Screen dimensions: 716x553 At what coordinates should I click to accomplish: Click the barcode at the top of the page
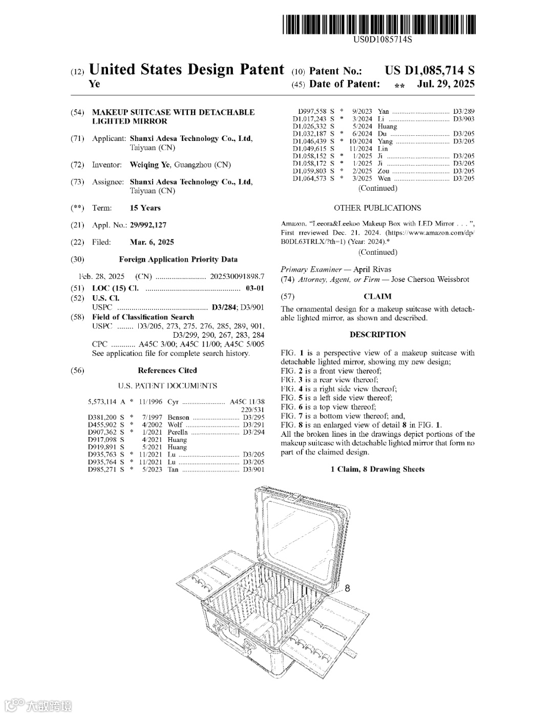click(x=378, y=25)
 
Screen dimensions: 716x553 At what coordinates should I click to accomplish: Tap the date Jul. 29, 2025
click(x=445, y=84)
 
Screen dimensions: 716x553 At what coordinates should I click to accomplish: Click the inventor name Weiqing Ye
click(x=150, y=165)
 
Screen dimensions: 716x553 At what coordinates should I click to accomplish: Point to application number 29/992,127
click(x=148, y=225)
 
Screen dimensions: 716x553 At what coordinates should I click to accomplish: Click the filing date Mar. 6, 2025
click(x=152, y=242)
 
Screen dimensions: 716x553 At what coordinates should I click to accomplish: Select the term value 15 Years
click(x=145, y=208)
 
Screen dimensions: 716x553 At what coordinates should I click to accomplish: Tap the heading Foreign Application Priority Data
click(x=178, y=259)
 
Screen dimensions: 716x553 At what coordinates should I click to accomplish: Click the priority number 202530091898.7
click(x=237, y=276)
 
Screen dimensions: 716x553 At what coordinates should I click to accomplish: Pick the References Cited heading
click(x=167, y=371)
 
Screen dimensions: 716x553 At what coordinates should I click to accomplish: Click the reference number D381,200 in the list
click(x=102, y=417)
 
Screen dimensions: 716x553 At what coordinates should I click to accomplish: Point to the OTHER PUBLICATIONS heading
click(x=377, y=208)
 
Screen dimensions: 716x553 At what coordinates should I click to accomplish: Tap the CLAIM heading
click(x=377, y=296)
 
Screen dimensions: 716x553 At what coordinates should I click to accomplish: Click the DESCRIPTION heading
click(x=377, y=335)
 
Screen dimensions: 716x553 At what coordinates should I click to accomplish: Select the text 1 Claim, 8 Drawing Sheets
click(x=377, y=469)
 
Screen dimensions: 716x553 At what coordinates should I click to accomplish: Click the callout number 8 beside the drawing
click(x=348, y=588)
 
